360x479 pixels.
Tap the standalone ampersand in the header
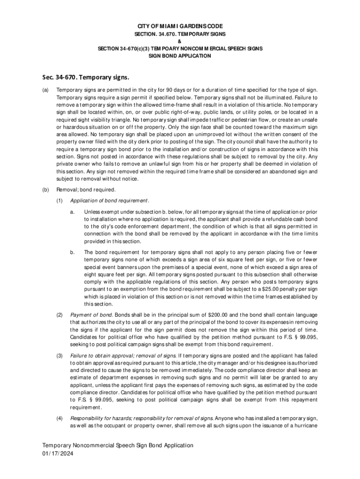[x=180, y=41]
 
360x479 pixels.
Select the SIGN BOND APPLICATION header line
[x=180, y=56]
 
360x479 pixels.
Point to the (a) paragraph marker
[x=45, y=90]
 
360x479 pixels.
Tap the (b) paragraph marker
[x=45, y=190]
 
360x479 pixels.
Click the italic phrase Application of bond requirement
[x=109, y=201]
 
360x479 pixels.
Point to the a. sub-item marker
[x=72, y=212]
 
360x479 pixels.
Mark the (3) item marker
[x=59, y=355]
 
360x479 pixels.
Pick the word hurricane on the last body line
[x=305, y=425]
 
